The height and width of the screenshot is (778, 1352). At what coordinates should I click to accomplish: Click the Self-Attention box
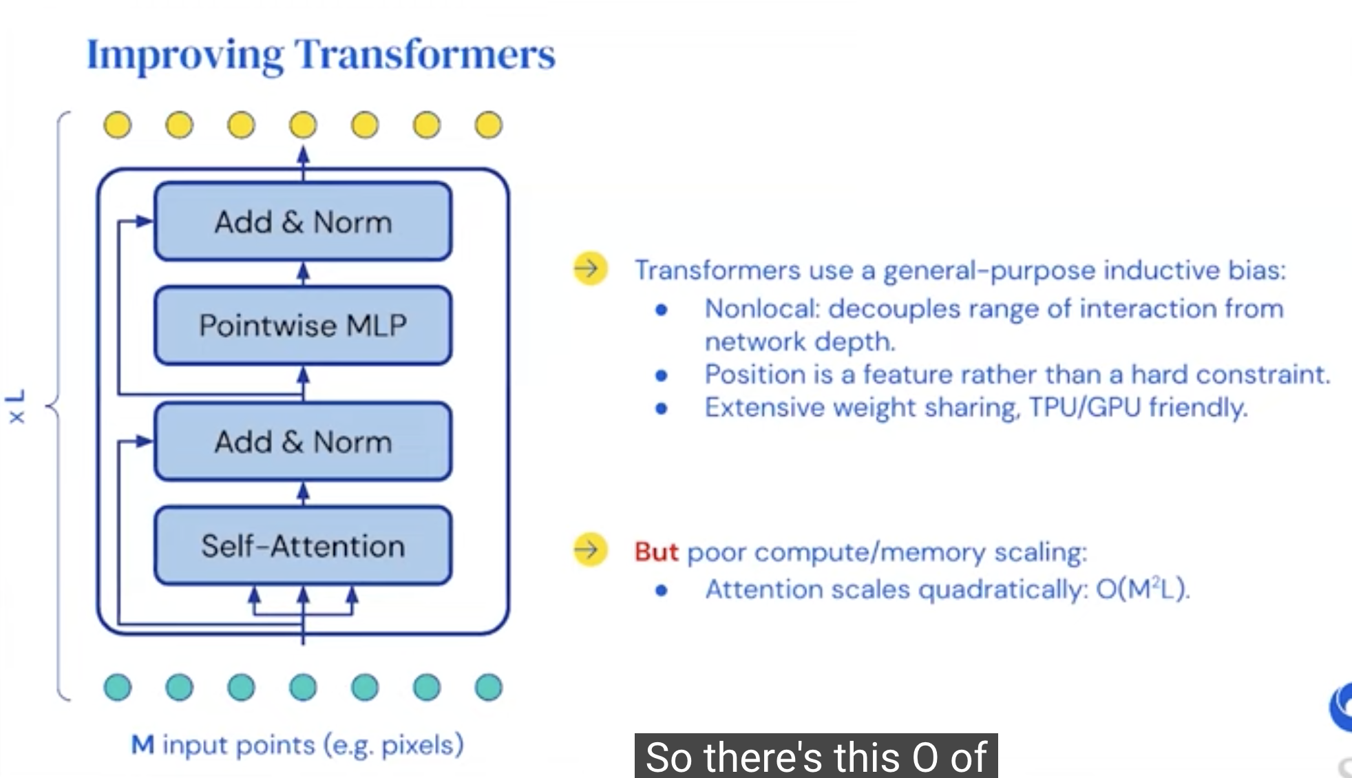pyautogui.click(x=303, y=546)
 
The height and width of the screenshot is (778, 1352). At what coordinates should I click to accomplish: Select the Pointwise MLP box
pyautogui.click(x=303, y=325)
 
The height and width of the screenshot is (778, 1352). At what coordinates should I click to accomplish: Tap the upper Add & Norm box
pyautogui.click(x=303, y=222)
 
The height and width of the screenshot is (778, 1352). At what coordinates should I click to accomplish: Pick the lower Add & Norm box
pyautogui.click(x=303, y=441)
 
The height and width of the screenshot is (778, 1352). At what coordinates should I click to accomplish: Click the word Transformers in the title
pyautogui.click(x=425, y=55)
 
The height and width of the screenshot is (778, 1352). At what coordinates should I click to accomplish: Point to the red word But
pyautogui.click(x=656, y=552)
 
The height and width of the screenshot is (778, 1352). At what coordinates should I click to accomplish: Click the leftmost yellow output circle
pyautogui.click(x=118, y=125)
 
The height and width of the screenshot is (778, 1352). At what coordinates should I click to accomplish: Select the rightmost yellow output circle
pyautogui.click(x=489, y=125)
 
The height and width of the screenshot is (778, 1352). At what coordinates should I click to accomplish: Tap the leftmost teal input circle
pyautogui.click(x=118, y=687)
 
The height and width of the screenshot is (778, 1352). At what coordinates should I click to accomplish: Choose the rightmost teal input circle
pyautogui.click(x=489, y=687)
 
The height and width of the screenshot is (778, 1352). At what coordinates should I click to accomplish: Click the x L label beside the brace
pyautogui.click(x=16, y=406)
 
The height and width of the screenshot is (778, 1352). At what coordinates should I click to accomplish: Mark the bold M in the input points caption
pyautogui.click(x=142, y=745)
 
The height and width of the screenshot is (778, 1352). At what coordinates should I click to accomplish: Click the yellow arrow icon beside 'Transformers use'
pyautogui.click(x=590, y=269)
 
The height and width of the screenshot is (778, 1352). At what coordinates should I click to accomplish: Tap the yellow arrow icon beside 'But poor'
pyautogui.click(x=590, y=550)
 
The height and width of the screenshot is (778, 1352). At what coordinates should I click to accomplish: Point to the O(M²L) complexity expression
pyautogui.click(x=1143, y=589)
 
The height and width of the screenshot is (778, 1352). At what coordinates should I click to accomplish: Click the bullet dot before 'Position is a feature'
pyautogui.click(x=662, y=375)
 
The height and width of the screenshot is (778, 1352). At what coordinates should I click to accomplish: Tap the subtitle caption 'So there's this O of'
pyautogui.click(x=816, y=757)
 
